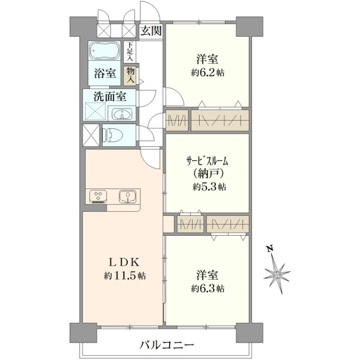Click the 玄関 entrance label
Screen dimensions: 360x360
click(x=151, y=31)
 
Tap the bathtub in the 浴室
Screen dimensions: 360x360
click(x=104, y=51)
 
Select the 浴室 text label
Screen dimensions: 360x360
click(x=104, y=73)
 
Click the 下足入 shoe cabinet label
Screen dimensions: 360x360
click(x=130, y=52)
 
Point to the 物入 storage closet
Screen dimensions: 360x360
click(x=130, y=76)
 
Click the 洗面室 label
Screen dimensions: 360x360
click(x=110, y=97)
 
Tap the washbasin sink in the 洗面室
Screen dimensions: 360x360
click(x=122, y=113)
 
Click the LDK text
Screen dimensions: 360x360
click(x=124, y=262)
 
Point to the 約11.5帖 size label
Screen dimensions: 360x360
click(x=125, y=275)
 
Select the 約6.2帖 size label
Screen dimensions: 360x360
click(x=208, y=73)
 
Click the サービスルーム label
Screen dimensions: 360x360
click(x=207, y=161)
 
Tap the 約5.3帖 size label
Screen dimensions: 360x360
click(x=209, y=187)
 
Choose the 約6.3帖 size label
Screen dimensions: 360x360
click(x=208, y=288)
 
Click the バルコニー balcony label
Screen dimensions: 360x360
click(x=167, y=344)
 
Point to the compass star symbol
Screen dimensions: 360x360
click(x=277, y=274)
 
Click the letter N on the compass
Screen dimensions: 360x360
click(x=269, y=248)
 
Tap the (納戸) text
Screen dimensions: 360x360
click(x=208, y=174)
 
